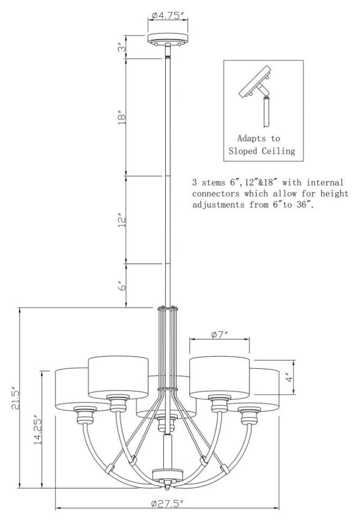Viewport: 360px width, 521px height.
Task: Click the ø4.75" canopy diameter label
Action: click(x=168, y=15)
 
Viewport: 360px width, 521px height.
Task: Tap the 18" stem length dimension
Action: click(x=122, y=117)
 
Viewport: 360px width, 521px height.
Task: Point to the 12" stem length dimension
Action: click(x=122, y=220)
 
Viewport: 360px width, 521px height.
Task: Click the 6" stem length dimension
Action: click(x=122, y=286)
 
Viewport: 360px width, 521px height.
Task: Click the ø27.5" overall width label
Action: click(x=167, y=504)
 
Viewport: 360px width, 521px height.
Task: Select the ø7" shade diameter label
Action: click(x=219, y=334)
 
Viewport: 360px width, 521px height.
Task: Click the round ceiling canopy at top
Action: click(x=168, y=37)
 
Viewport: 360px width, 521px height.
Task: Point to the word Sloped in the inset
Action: click(x=243, y=151)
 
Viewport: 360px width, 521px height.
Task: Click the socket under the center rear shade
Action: click(x=163, y=424)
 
